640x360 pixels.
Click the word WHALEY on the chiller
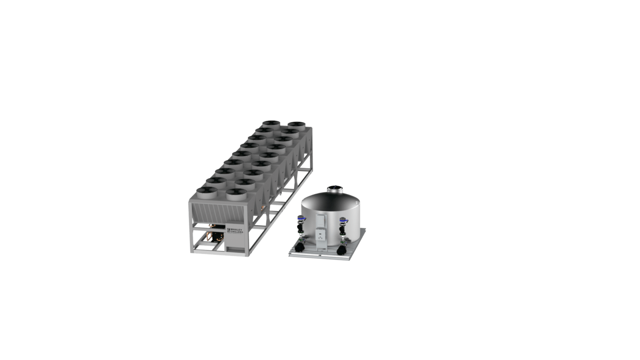click(x=236, y=230)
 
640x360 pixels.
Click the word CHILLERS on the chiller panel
click(x=237, y=232)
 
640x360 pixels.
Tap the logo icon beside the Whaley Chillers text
click(x=228, y=230)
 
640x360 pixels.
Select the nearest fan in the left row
click(x=206, y=192)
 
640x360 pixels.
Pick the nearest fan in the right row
click(x=236, y=194)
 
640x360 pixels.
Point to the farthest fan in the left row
click(x=271, y=124)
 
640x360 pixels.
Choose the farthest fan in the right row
click(x=296, y=125)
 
